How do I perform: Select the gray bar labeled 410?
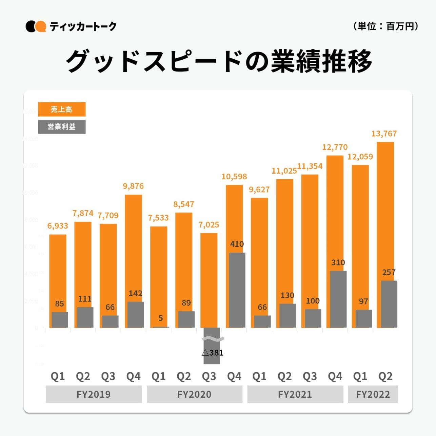237,290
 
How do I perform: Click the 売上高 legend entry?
61,109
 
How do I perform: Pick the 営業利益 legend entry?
61,127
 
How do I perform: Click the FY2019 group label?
94,394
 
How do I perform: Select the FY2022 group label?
373,394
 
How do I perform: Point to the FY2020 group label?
194,394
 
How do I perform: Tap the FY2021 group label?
295,394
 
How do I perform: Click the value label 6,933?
58,226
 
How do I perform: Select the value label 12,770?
335,147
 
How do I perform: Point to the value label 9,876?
133,186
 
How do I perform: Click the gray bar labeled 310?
338,299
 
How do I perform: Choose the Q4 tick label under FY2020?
234,376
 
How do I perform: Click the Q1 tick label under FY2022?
360,376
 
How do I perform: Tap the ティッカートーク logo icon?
36,26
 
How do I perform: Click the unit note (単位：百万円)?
386,26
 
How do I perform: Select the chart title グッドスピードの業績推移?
219,62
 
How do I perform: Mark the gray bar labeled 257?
389,304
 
